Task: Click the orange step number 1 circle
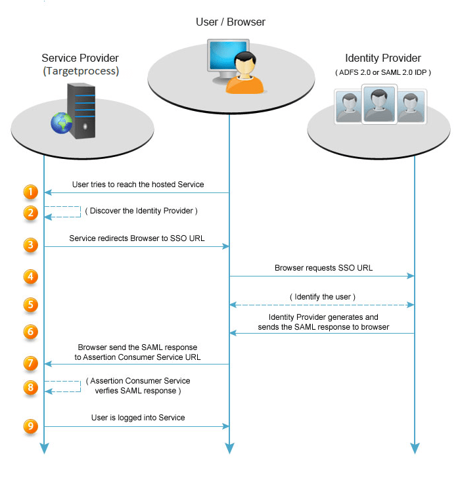pos(30,192)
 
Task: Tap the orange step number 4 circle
pos(30,276)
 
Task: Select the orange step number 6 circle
pos(30,332)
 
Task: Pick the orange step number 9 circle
pos(30,426)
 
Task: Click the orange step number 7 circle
pos(30,363)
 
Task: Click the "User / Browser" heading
pos(231,22)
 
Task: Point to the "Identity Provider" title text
pos(383,58)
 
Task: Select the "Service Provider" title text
pos(80,58)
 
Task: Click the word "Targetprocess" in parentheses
pos(81,70)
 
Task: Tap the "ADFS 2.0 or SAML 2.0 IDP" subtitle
pos(383,72)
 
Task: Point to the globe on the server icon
pos(62,123)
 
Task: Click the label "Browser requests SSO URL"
pos(321,268)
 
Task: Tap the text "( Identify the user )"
pos(322,297)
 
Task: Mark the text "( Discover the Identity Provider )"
pos(141,211)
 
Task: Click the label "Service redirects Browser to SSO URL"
pos(137,238)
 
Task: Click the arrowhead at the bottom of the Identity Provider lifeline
pos(415,449)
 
